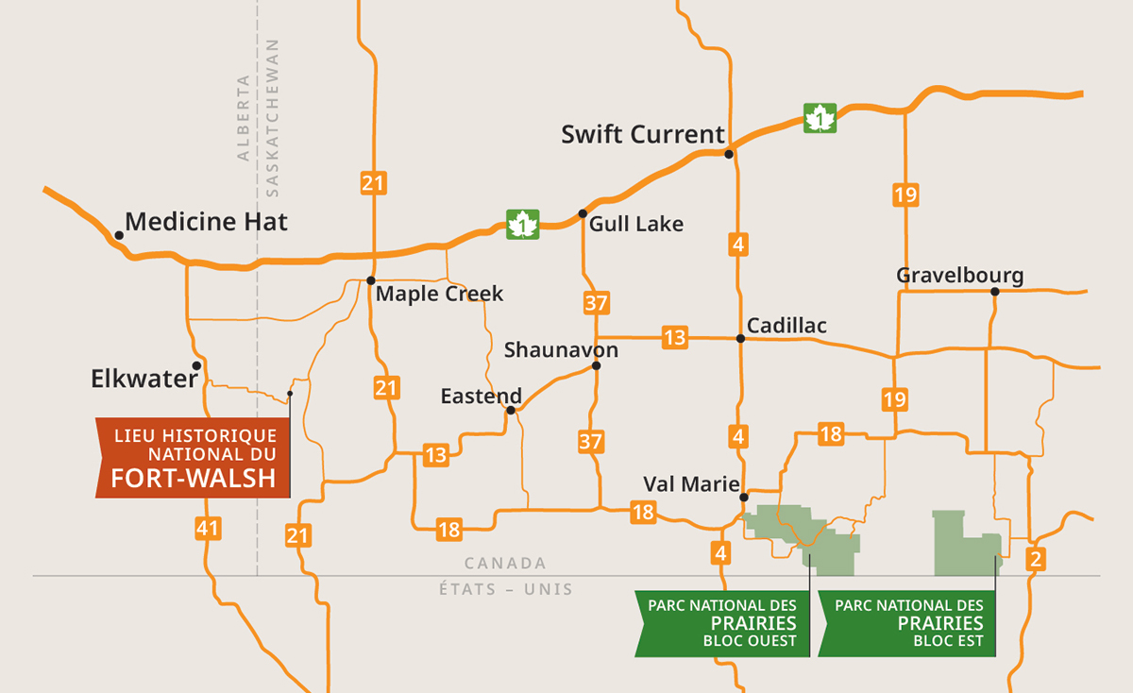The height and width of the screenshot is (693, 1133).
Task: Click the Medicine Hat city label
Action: [x=206, y=222]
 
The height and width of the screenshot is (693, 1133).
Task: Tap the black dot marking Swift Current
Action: [x=729, y=153]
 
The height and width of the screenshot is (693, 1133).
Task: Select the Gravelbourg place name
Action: [x=959, y=276]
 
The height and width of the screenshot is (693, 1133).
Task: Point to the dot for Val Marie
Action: [x=744, y=497]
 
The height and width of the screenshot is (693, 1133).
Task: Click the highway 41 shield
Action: [x=208, y=528]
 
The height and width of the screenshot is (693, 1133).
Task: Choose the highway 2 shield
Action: [x=1036, y=559]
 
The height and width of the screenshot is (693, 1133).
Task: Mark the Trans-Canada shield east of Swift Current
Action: [x=820, y=118]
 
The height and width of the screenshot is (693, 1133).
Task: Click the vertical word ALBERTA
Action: [x=245, y=117]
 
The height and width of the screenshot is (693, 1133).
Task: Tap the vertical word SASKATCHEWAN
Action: [x=273, y=117]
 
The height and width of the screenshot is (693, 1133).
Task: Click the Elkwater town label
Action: [x=144, y=380]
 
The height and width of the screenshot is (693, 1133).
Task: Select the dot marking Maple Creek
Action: [x=371, y=280]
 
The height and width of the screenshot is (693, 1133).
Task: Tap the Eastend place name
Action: [x=481, y=397]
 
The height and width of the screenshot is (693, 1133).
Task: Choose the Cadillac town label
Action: [x=786, y=326]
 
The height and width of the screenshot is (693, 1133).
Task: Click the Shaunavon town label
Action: [x=561, y=350]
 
